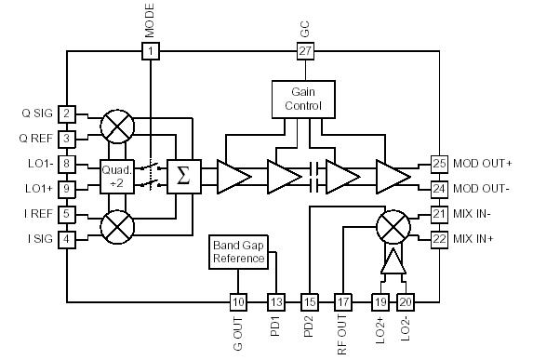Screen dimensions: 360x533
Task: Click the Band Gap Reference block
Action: tap(237, 251)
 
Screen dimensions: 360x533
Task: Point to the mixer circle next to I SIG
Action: tap(118, 225)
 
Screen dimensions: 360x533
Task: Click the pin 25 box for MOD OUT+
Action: tap(439, 163)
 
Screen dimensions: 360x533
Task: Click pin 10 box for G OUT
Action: tap(238, 301)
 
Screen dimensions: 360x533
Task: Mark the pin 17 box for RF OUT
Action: tap(343, 301)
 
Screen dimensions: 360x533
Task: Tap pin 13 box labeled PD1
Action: tap(276, 301)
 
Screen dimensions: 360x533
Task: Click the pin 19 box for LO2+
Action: tap(380, 301)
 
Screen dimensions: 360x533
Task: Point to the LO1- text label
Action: tap(34, 163)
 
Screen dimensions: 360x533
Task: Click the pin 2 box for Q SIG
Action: tap(66, 113)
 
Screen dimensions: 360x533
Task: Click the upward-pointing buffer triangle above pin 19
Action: tap(393, 264)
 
